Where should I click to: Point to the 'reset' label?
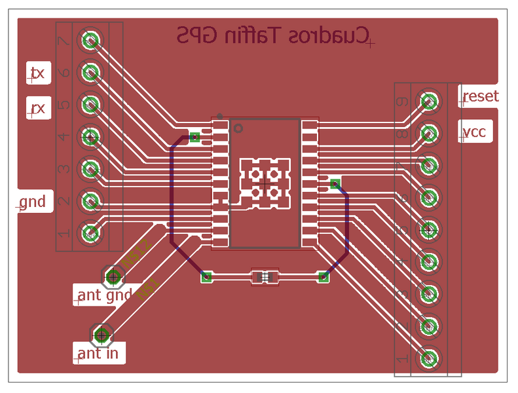(x=480, y=97)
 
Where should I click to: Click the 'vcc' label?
(x=474, y=132)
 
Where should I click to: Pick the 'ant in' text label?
(x=98, y=354)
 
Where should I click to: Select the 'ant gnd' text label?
(x=105, y=295)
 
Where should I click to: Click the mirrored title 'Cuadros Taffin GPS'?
(x=273, y=36)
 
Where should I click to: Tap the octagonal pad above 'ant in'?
(x=102, y=335)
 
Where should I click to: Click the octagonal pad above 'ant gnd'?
(x=114, y=277)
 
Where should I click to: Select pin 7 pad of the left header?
(x=90, y=41)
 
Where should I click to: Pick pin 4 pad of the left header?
(x=90, y=137)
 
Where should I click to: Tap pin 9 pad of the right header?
(x=429, y=101)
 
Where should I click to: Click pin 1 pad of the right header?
(x=429, y=358)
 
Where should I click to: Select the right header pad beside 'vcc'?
(x=429, y=133)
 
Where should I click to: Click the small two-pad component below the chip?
(x=265, y=277)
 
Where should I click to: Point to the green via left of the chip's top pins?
(x=194, y=137)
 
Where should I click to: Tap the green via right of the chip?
(x=335, y=183)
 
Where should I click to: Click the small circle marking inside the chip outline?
(x=237, y=128)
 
